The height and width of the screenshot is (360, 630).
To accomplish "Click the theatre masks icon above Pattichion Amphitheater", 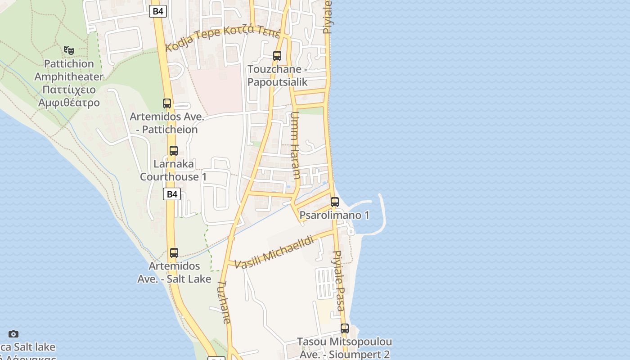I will pyautogui.click(x=68, y=50).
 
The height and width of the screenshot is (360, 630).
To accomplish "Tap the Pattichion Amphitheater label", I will pyautogui.click(x=69, y=83).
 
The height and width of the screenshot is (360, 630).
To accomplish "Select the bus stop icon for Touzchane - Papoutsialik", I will pyautogui.click(x=277, y=56).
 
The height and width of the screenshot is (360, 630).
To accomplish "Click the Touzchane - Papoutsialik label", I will pyautogui.click(x=277, y=76).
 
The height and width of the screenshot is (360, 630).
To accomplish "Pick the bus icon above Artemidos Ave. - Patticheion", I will pyautogui.click(x=167, y=103).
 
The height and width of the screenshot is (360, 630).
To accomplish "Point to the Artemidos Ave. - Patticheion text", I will pyautogui.click(x=167, y=123).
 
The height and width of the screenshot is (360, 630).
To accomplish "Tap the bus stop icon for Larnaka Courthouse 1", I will pyautogui.click(x=174, y=151).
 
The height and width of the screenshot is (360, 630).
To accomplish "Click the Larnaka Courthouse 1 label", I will pyautogui.click(x=173, y=170).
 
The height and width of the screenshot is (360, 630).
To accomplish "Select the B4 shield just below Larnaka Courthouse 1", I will pyautogui.click(x=171, y=194).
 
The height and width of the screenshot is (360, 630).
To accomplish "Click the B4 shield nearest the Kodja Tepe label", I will pyautogui.click(x=158, y=11).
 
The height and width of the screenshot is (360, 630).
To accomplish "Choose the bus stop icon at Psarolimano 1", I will pyautogui.click(x=334, y=202).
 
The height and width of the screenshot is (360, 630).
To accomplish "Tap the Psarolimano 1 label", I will pyautogui.click(x=334, y=215).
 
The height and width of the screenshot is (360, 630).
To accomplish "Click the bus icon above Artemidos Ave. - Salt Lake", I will pyautogui.click(x=174, y=253).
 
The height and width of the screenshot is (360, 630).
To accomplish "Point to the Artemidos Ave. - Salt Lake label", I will pyautogui.click(x=174, y=272).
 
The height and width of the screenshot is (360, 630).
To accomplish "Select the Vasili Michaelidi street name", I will pyautogui.click(x=274, y=252).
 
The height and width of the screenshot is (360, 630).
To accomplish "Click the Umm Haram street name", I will pyautogui.click(x=295, y=145).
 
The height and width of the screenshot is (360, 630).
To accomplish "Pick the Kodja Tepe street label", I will pyautogui.click(x=223, y=38).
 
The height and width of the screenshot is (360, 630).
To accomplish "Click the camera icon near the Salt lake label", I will pyautogui.click(x=13, y=334).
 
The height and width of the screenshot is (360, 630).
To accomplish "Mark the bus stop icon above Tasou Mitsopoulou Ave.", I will pyautogui.click(x=345, y=328).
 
